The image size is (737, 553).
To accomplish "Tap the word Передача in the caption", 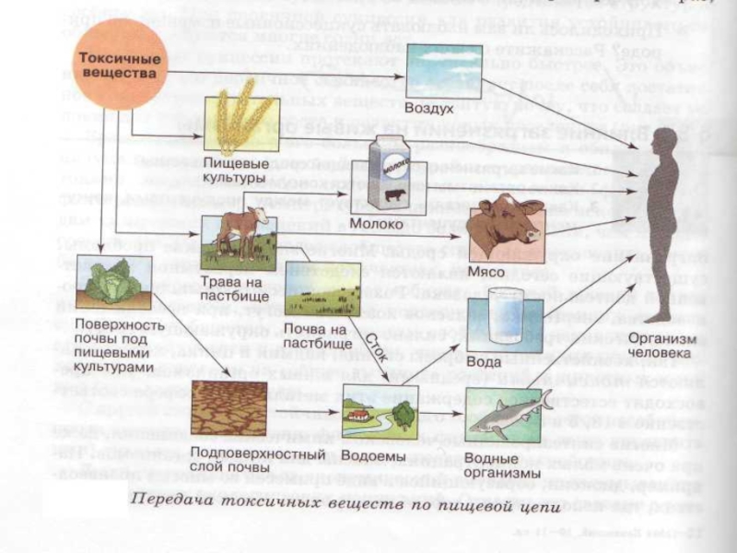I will pyautogui.click(x=169, y=501).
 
